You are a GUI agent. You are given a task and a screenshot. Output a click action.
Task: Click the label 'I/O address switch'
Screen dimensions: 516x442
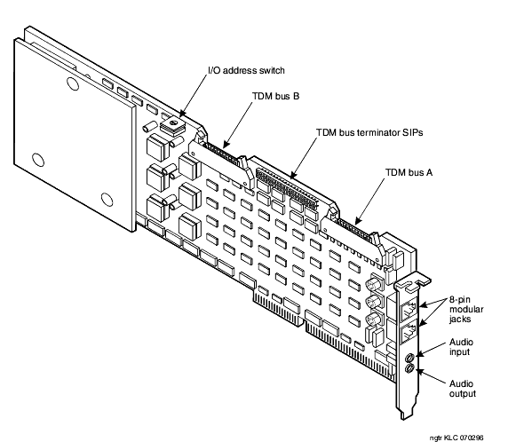[x=246, y=70]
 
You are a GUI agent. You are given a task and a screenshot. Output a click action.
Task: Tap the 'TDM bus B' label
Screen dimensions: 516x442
[x=276, y=96]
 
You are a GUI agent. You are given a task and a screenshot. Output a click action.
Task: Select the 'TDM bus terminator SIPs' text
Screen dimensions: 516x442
[x=369, y=132]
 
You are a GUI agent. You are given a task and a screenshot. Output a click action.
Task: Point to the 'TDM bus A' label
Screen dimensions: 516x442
[x=409, y=172]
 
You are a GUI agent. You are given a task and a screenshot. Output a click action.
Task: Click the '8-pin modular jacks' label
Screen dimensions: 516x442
[x=466, y=310]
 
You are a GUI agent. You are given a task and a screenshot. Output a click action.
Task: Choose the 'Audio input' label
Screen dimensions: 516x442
[x=461, y=347]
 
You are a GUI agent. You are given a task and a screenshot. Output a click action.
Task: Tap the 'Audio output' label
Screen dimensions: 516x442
[x=463, y=389]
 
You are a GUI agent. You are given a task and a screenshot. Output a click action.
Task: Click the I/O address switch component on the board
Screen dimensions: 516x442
[x=172, y=126]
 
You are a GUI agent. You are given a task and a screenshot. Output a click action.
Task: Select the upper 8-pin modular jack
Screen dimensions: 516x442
[x=409, y=310]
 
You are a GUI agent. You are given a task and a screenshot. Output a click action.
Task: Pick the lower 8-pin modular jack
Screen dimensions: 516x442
[x=409, y=332]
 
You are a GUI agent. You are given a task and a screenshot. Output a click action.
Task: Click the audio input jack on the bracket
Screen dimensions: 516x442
[x=409, y=358]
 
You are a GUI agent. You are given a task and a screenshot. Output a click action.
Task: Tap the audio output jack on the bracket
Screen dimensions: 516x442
[x=409, y=368]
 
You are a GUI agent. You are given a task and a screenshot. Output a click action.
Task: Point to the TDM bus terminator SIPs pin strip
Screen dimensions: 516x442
[x=287, y=189]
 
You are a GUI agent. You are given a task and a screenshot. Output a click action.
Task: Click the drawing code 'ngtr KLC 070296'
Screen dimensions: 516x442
[x=456, y=438]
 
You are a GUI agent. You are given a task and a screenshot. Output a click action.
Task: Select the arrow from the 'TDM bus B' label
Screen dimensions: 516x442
[x=238, y=124]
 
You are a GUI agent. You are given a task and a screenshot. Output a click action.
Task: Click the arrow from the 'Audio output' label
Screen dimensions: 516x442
[x=433, y=376]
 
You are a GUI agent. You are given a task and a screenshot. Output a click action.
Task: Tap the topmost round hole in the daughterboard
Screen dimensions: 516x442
[x=73, y=83]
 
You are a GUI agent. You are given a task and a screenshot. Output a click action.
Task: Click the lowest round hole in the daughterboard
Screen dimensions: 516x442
[x=107, y=200]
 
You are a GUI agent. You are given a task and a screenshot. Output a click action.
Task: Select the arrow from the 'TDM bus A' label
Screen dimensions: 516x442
[x=369, y=201]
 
